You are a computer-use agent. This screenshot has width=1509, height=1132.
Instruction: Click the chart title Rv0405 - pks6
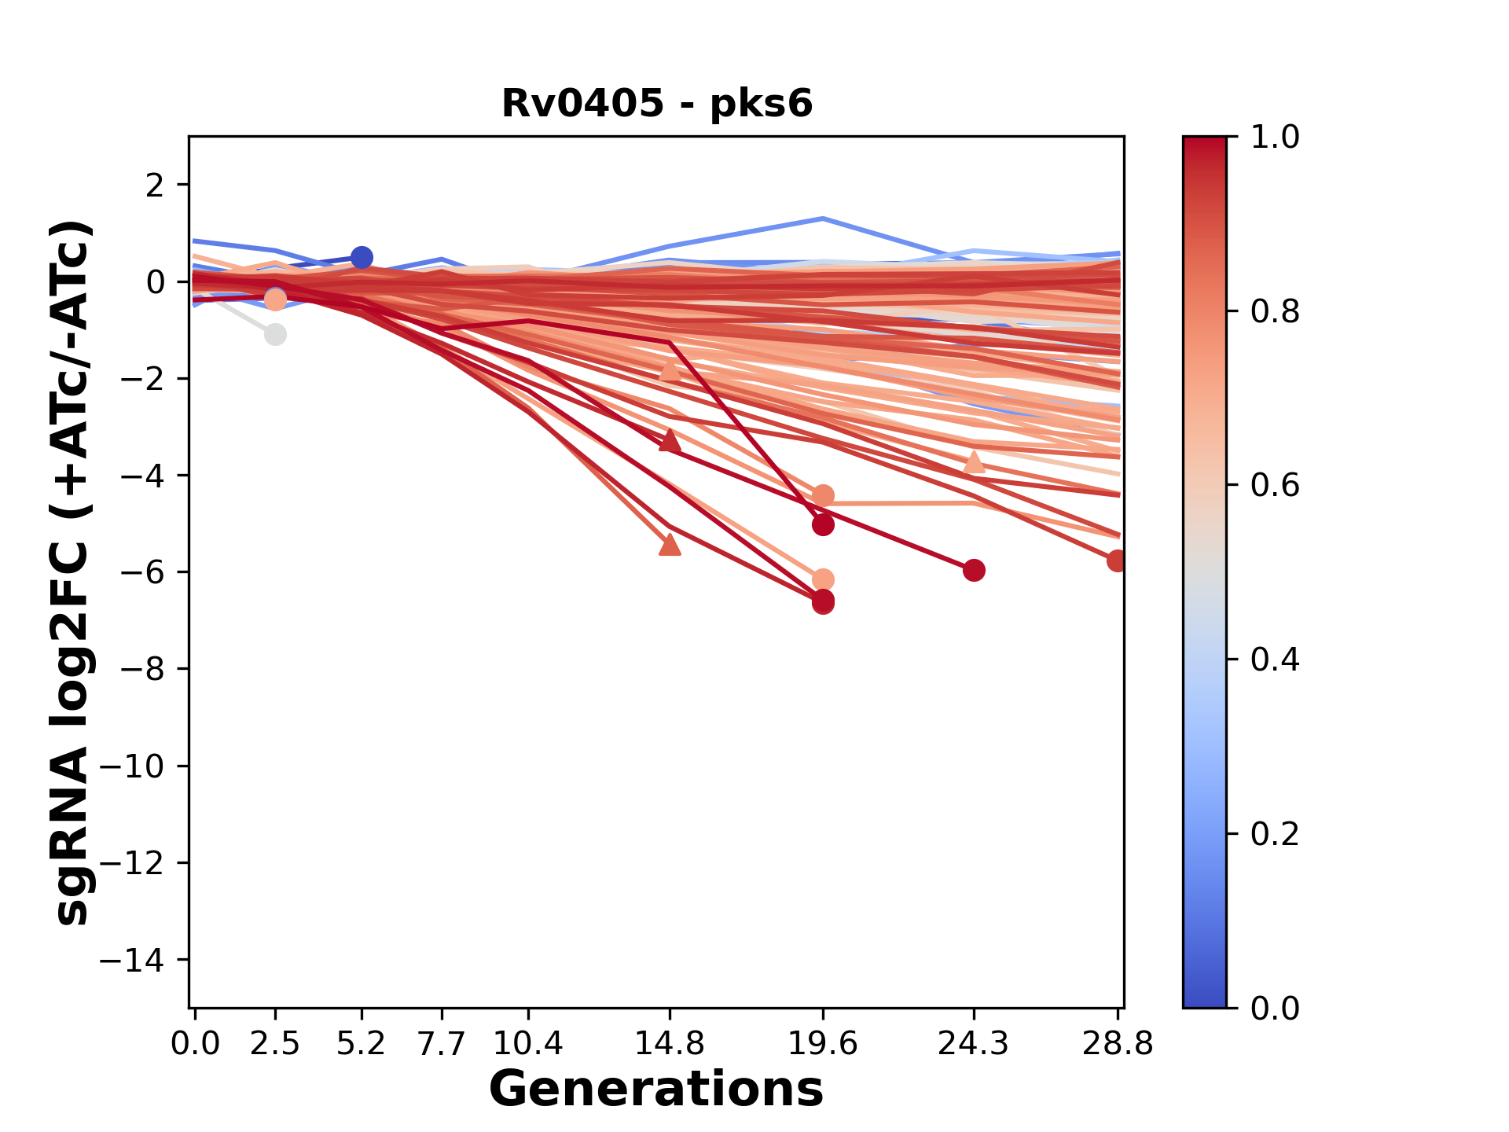[x=657, y=103]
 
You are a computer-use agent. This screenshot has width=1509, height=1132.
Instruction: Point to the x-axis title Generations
[x=656, y=1090]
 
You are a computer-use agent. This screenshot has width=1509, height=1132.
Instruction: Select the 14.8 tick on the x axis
[x=670, y=1044]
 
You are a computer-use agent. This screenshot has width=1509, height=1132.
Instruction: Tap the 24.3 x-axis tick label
[x=974, y=1044]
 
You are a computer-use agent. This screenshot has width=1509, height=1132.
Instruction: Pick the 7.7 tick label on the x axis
[x=442, y=1044]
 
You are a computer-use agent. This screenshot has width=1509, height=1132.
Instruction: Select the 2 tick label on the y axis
[x=155, y=185]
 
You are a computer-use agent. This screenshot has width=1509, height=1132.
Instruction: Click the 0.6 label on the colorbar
[x=1275, y=485]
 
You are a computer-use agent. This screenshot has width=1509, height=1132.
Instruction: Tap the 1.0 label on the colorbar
[x=1275, y=137]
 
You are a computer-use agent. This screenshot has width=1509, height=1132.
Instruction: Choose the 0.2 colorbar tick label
[x=1275, y=833]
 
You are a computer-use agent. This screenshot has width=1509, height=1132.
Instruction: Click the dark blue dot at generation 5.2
[x=362, y=257]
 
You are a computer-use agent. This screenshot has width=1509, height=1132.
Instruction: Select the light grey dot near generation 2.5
[x=275, y=334]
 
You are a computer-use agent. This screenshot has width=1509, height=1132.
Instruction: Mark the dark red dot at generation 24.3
[x=974, y=570]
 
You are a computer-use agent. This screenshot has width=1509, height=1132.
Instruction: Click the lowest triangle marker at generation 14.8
[x=670, y=544]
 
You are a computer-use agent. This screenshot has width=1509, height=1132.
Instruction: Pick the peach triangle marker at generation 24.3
[x=974, y=462]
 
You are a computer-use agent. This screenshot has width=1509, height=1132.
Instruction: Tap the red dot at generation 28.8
[x=1116, y=560]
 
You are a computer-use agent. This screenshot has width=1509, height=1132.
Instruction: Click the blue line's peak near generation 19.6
[x=823, y=218]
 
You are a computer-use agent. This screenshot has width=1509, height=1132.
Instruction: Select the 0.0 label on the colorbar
[x=1275, y=1008]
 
